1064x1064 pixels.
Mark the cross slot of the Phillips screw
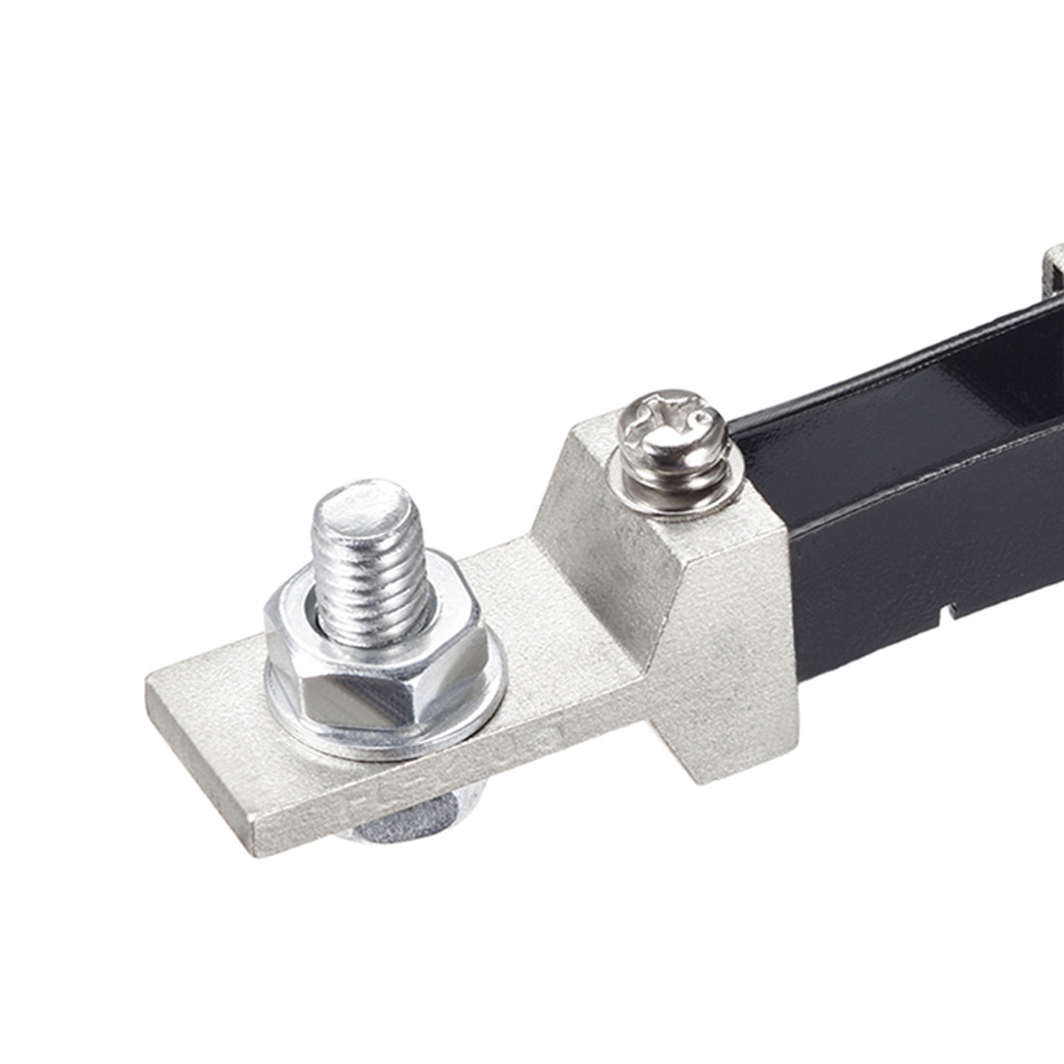(x=677, y=417)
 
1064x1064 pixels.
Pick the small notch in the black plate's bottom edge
(x=948, y=610)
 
